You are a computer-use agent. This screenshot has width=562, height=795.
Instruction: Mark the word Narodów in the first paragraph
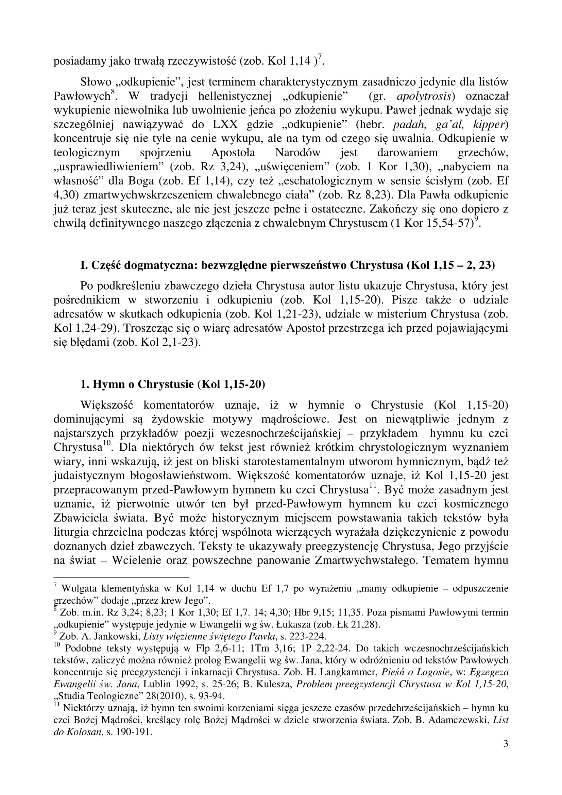pos(297,153)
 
